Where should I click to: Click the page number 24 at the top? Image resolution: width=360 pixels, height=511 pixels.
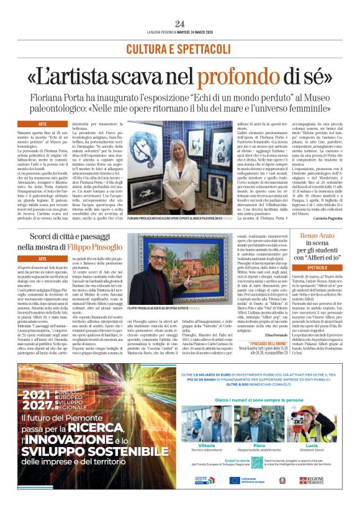click(180, 24)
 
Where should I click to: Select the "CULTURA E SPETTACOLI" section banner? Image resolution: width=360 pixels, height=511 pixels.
click(179, 48)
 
